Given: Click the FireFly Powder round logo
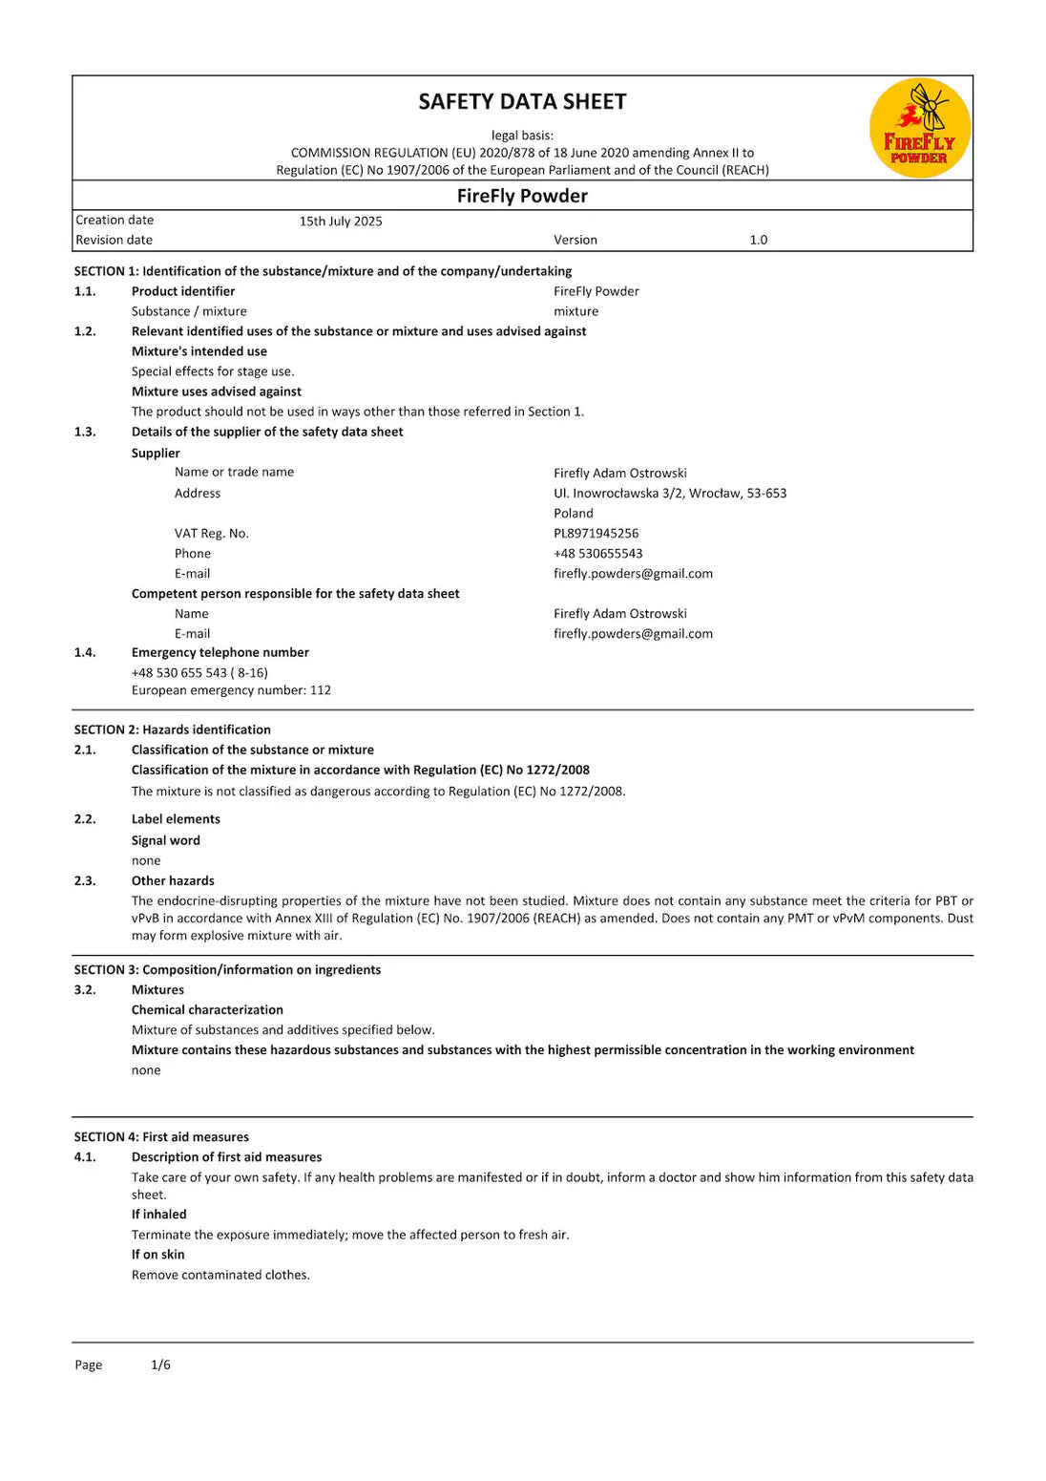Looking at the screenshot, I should click(919, 128).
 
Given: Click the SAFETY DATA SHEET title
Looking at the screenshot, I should click(522, 102).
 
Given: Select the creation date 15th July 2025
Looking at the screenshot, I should click(341, 222).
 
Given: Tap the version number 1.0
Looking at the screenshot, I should click(758, 241).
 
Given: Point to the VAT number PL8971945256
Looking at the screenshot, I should click(596, 534).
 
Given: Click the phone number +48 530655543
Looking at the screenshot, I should click(597, 554).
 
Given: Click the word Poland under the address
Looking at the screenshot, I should click(573, 514).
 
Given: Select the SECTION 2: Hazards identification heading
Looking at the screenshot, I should click(172, 730).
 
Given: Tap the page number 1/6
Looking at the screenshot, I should click(160, 1365).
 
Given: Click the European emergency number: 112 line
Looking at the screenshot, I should click(231, 690).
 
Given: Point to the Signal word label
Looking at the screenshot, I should click(165, 841).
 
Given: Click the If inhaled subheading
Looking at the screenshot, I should click(158, 1215).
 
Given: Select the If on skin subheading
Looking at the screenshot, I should click(157, 1255).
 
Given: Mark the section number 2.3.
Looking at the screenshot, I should click(85, 881).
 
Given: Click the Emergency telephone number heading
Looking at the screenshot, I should click(220, 653).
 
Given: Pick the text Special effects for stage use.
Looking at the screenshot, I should click(213, 372).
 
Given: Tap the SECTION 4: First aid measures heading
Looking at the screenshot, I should click(161, 1137).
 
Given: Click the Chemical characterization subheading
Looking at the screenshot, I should click(207, 1010).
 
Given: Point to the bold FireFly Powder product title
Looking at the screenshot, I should click(522, 197).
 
